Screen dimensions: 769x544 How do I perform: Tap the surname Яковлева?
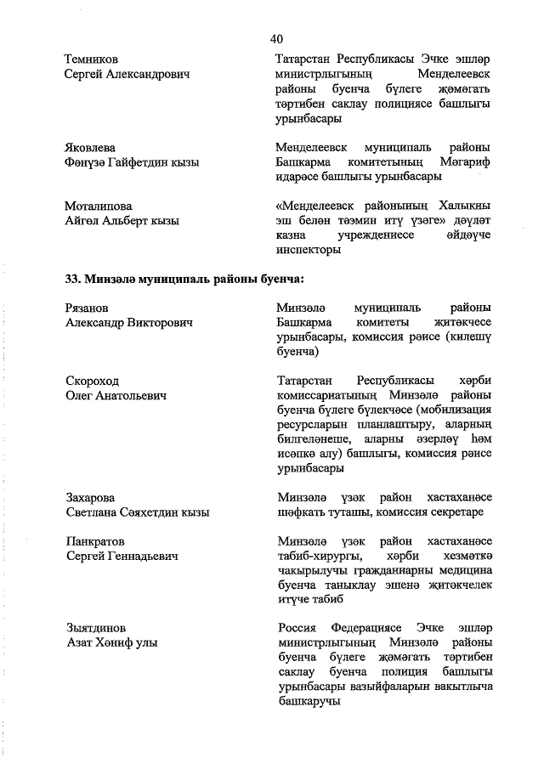(90, 147)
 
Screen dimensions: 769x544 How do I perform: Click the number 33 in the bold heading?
(73, 279)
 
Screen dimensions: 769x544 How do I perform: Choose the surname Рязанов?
(88, 308)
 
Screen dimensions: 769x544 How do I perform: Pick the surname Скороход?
(93, 381)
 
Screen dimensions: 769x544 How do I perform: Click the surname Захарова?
(90, 498)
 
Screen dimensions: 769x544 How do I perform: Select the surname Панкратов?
(95, 540)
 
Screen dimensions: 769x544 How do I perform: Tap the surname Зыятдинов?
(96, 628)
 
